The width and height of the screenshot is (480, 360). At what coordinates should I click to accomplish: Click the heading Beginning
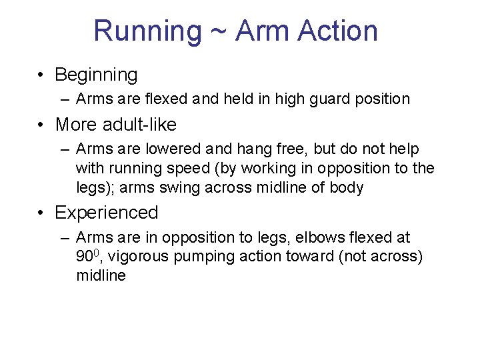pyautogui.click(x=96, y=75)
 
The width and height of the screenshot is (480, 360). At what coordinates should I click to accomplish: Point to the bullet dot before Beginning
pyautogui.click(x=42, y=75)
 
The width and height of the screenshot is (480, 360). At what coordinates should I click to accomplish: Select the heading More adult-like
pyautogui.click(x=115, y=125)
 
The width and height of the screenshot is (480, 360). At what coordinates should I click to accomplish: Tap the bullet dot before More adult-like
pyautogui.click(x=42, y=125)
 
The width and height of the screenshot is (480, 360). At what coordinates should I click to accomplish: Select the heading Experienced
pyautogui.click(x=107, y=213)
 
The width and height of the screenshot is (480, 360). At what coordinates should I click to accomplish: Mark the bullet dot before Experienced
pyautogui.click(x=42, y=213)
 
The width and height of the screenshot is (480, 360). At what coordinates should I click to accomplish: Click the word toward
pyautogui.click(x=315, y=257)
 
